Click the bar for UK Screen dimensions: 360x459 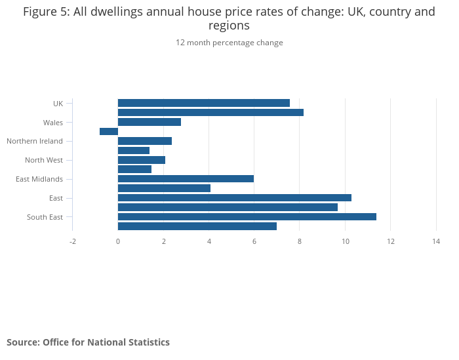(203, 103)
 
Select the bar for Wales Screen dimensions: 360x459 (149, 122)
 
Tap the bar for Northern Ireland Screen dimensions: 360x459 (144, 141)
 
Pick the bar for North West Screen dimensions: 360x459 (141, 160)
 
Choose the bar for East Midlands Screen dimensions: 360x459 (186, 178)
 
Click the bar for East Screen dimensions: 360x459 (234, 197)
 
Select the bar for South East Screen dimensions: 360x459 (247, 216)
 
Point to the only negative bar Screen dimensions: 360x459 (109, 131)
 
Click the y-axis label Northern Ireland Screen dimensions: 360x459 (35, 141)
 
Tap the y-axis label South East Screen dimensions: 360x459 (45, 217)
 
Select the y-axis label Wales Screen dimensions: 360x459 (53, 123)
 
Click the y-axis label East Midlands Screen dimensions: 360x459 (39, 179)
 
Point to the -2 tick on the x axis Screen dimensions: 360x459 (73, 241)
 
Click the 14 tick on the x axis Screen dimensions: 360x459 (436, 241)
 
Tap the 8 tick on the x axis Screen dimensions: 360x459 (300, 241)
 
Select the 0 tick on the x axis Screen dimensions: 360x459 (118, 241)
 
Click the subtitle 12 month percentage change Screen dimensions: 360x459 (229, 43)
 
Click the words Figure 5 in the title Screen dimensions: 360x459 (45, 12)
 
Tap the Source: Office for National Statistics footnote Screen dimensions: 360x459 (88, 342)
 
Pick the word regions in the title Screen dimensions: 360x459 (229, 26)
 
